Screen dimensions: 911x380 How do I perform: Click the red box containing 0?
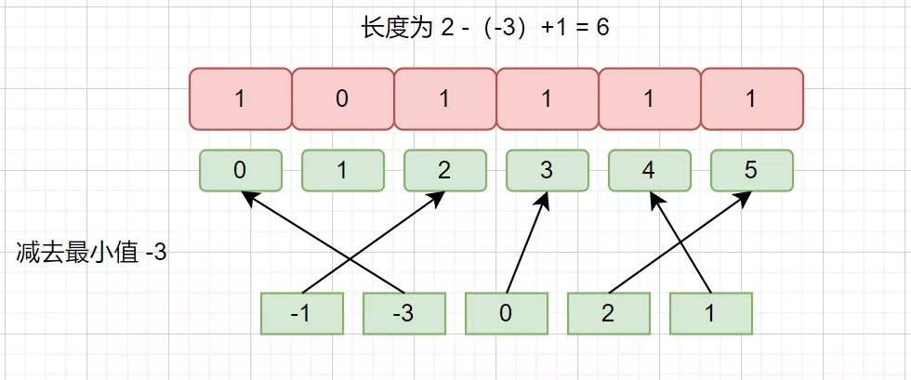pyautogui.click(x=342, y=98)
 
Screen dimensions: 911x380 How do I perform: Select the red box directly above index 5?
pyautogui.click(x=752, y=98)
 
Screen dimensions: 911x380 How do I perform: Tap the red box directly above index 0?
pyautogui.click(x=240, y=98)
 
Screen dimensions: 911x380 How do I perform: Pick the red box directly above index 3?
pyautogui.click(x=547, y=98)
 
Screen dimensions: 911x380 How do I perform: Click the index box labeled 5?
pyautogui.click(x=751, y=170)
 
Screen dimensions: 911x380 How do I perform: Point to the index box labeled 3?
pyautogui.click(x=547, y=170)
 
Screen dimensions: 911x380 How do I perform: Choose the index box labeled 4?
pyautogui.click(x=649, y=170)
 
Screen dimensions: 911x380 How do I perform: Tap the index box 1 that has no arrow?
pyautogui.click(x=342, y=170)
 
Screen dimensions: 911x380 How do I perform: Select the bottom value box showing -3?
pyautogui.click(x=403, y=314)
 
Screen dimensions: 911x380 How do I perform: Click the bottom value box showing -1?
pyautogui.click(x=301, y=314)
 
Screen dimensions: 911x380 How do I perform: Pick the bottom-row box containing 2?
pyautogui.click(x=608, y=314)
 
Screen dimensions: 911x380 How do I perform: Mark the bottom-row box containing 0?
pyautogui.click(x=506, y=314)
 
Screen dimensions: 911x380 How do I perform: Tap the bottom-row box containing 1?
pyautogui.click(x=710, y=314)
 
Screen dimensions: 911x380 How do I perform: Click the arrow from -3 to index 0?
pyautogui.click(x=323, y=242)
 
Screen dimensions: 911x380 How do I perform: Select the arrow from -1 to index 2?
pyautogui.click(x=374, y=242)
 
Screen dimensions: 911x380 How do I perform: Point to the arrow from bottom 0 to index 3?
pyautogui.click(x=526, y=242)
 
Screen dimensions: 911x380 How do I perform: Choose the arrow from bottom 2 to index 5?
pyautogui.click(x=680, y=242)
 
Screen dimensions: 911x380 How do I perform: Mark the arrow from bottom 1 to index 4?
pyautogui.click(x=680, y=242)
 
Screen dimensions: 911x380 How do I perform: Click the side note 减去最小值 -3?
pyautogui.click(x=92, y=254)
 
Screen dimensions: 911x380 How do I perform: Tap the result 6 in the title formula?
pyautogui.click(x=602, y=29)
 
